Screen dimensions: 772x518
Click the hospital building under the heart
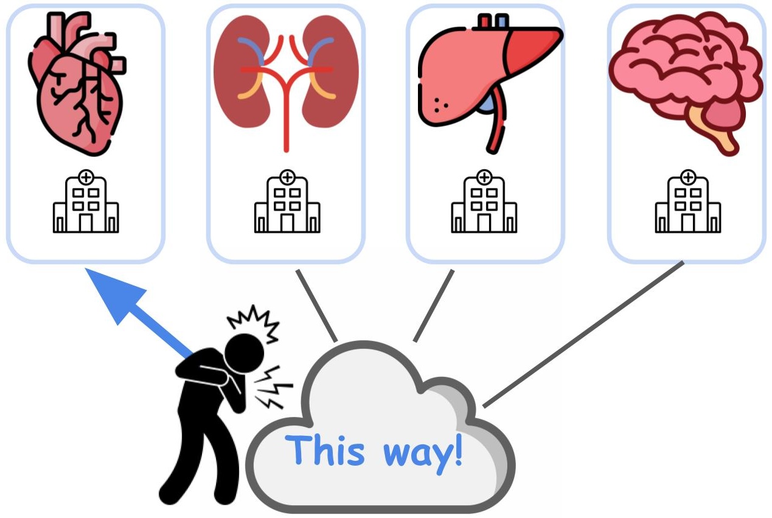[86, 201]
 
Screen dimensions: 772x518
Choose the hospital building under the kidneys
[287, 201]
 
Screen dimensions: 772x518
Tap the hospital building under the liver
[484, 201]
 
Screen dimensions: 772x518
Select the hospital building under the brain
[688, 201]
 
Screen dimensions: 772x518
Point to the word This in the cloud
[325, 450]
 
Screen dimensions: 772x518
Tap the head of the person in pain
[244, 354]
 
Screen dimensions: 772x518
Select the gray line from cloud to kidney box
[316, 306]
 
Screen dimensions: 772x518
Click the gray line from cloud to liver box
[434, 306]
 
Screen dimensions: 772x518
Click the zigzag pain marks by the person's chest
[274, 388]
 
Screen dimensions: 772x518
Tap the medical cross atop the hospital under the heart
[86, 178]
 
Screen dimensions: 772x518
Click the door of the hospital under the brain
[688, 223]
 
